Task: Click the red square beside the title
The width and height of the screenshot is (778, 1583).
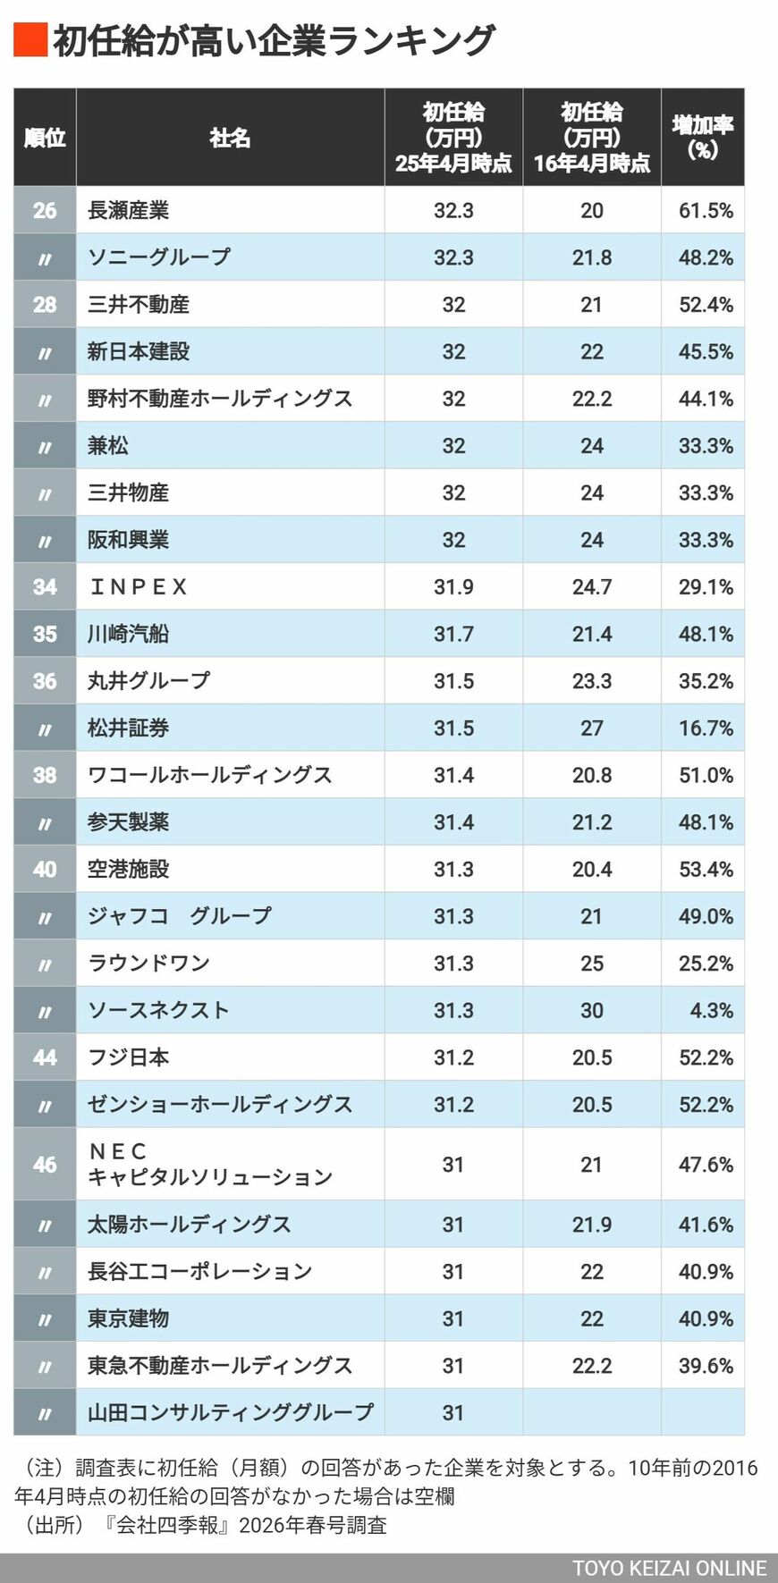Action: click(30, 41)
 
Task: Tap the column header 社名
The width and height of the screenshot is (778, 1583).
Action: click(230, 138)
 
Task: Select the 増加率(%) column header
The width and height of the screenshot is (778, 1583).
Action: click(703, 137)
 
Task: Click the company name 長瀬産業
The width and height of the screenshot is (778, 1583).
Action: click(128, 211)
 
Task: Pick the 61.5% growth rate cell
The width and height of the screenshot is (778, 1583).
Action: click(706, 211)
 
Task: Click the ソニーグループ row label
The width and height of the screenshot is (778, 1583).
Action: click(158, 257)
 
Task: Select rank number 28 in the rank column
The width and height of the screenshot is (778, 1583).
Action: click(45, 305)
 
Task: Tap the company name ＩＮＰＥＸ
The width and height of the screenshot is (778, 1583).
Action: click(138, 587)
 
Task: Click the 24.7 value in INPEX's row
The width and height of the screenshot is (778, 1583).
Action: click(592, 587)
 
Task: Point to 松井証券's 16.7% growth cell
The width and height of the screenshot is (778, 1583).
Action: click(706, 728)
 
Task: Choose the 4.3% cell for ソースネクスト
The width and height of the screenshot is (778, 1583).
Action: click(711, 1011)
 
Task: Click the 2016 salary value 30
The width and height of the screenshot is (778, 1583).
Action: click(592, 1011)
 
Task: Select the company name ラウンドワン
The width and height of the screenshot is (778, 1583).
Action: click(148, 964)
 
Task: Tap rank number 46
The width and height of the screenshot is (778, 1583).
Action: click(45, 1165)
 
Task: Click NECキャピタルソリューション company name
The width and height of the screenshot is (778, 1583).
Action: click(209, 1165)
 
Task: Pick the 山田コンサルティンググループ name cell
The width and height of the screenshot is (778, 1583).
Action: click(230, 1413)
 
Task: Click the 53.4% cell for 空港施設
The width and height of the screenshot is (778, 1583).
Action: click(706, 870)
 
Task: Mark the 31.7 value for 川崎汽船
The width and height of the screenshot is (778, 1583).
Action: click(453, 635)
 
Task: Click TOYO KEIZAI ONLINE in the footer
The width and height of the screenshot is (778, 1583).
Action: click(669, 1569)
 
